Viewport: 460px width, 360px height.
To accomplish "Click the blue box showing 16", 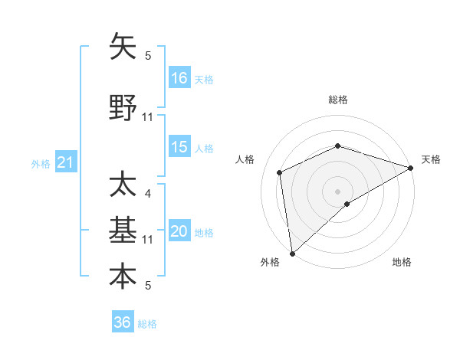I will (179, 77).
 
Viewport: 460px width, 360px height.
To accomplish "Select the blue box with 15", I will (179, 147).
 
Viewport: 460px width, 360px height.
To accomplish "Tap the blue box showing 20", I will (179, 232).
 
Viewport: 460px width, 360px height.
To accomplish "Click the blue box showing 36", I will (123, 322).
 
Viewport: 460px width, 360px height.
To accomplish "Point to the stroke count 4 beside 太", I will (148, 194).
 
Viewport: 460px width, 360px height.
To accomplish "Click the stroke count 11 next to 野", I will (148, 117).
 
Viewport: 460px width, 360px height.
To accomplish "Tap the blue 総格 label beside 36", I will (147, 324).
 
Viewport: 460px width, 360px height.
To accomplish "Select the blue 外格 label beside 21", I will (41, 163).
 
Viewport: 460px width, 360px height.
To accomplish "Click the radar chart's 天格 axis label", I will (431, 159).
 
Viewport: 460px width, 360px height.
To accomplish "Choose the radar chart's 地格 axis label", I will (402, 263).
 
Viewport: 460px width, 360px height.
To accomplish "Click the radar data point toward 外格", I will (291, 254).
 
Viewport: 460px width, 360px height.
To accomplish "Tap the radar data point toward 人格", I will (280, 172).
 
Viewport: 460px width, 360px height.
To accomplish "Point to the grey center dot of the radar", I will (337, 191).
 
